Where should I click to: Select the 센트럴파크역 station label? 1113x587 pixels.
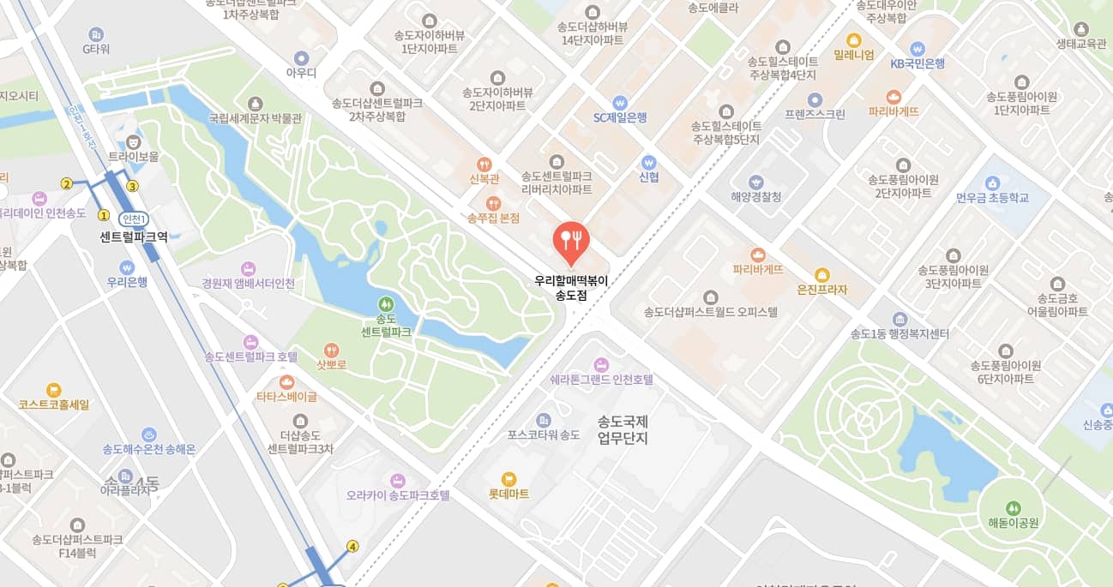pyautogui.click(x=134, y=236)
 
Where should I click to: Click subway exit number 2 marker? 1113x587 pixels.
pyautogui.click(x=66, y=183)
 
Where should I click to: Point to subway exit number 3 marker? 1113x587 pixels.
pyautogui.click(x=132, y=186)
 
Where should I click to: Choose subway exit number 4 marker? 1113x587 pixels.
pyautogui.click(x=352, y=546)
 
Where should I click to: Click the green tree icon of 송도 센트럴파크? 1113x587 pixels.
pyautogui.click(x=386, y=303)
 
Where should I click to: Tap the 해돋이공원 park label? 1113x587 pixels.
pyautogui.click(x=1013, y=523)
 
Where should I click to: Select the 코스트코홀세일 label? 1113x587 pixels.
pyautogui.click(x=53, y=404)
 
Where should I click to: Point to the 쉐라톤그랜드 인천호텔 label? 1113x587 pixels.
pyautogui.click(x=601, y=379)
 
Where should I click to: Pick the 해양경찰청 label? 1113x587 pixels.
pyautogui.click(x=755, y=197)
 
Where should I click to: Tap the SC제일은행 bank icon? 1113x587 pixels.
pyautogui.click(x=620, y=103)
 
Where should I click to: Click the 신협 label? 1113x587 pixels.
pyautogui.click(x=648, y=177)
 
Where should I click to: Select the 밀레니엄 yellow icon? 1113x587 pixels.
pyautogui.click(x=853, y=40)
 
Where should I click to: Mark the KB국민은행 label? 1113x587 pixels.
pyautogui.click(x=917, y=63)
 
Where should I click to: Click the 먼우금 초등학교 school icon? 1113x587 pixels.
pyautogui.click(x=992, y=183)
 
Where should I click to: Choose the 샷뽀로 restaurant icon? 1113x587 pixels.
pyautogui.click(x=331, y=350)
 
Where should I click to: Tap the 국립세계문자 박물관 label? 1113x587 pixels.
pyautogui.click(x=255, y=117)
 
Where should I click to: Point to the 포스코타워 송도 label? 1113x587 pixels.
pyautogui.click(x=544, y=434)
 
